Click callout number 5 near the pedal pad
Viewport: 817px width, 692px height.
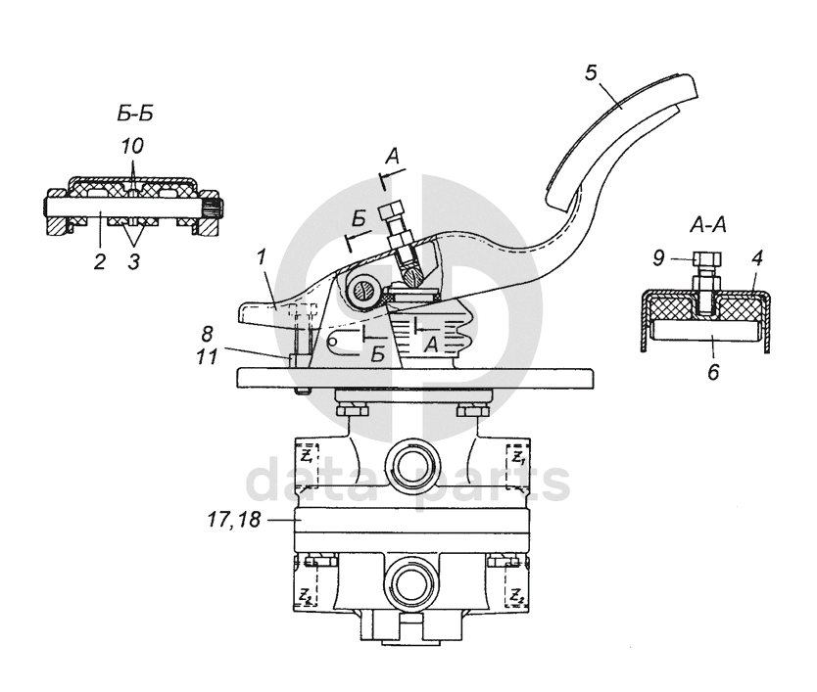coord(591,72)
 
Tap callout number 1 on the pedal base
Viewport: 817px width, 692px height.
coord(262,258)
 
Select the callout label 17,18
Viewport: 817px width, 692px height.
coord(234,520)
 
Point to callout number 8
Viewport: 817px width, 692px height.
coord(207,334)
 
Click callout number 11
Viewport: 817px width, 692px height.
coord(207,357)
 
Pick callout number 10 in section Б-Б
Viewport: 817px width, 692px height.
coord(132,146)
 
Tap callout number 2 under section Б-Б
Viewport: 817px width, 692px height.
coord(100,261)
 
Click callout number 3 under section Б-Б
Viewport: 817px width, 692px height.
coord(133,261)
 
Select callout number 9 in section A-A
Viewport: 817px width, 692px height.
coord(659,257)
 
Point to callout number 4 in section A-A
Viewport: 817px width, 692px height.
coord(757,257)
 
